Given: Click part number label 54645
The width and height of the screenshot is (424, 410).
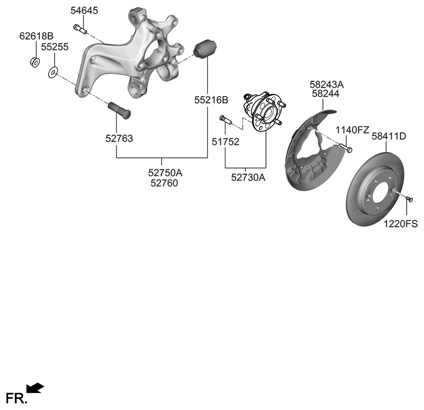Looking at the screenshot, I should point(84,11).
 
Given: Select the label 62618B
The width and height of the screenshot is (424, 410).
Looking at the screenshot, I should point(36,36).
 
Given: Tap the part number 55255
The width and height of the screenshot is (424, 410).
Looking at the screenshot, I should point(55,46).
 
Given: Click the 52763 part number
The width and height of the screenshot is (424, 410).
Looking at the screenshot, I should point(119,139).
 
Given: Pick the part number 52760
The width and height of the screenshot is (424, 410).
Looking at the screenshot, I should point(163,184).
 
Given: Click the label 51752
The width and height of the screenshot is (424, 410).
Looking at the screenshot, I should point(225,142).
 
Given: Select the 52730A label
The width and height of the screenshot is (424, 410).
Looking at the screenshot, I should point(248,178).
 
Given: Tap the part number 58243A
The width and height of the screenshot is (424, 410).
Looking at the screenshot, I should point(327,84).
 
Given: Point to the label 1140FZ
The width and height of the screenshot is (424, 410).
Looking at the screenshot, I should point(352,130).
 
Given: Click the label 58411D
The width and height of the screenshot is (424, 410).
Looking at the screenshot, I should point(388,136).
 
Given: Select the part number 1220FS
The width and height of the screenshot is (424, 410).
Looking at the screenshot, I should point(401,224).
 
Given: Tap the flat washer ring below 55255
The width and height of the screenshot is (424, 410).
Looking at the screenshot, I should point(53,72).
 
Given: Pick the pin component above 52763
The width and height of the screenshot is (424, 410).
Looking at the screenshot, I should point(119,109).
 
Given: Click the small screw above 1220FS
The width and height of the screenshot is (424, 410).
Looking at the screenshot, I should point(409,199).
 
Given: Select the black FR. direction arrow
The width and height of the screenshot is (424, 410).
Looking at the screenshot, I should point(35,388).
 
